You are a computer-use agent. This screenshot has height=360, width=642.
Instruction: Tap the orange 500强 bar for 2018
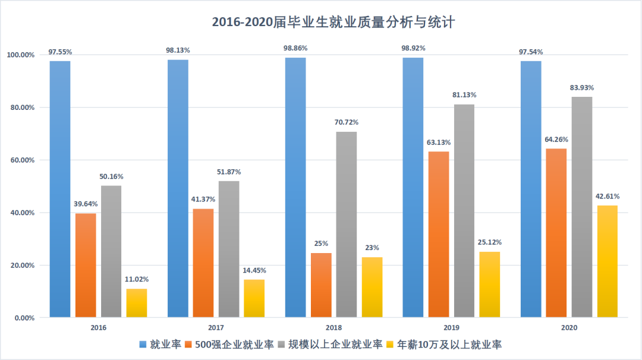(x=321, y=285)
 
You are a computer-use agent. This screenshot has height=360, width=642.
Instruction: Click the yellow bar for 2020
(x=607, y=261)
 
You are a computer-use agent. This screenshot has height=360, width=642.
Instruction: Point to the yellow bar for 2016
(x=137, y=303)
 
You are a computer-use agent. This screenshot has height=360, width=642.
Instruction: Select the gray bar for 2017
(x=229, y=249)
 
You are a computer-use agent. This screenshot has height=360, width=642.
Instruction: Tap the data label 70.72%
(x=347, y=122)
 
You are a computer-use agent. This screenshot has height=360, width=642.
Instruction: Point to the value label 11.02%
(x=137, y=279)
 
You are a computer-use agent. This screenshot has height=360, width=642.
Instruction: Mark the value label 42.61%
(x=607, y=196)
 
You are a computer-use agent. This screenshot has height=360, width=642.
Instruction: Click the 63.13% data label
(x=439, y=142)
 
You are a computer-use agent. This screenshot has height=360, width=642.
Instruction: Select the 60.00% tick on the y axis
(x=20, y=160)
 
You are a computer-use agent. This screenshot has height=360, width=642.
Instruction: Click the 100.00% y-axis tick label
(x=20, y=55)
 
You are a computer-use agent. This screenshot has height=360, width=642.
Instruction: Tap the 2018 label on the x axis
(x=333, y=327)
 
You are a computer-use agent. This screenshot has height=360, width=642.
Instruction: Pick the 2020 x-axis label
(x=569, y=327)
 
